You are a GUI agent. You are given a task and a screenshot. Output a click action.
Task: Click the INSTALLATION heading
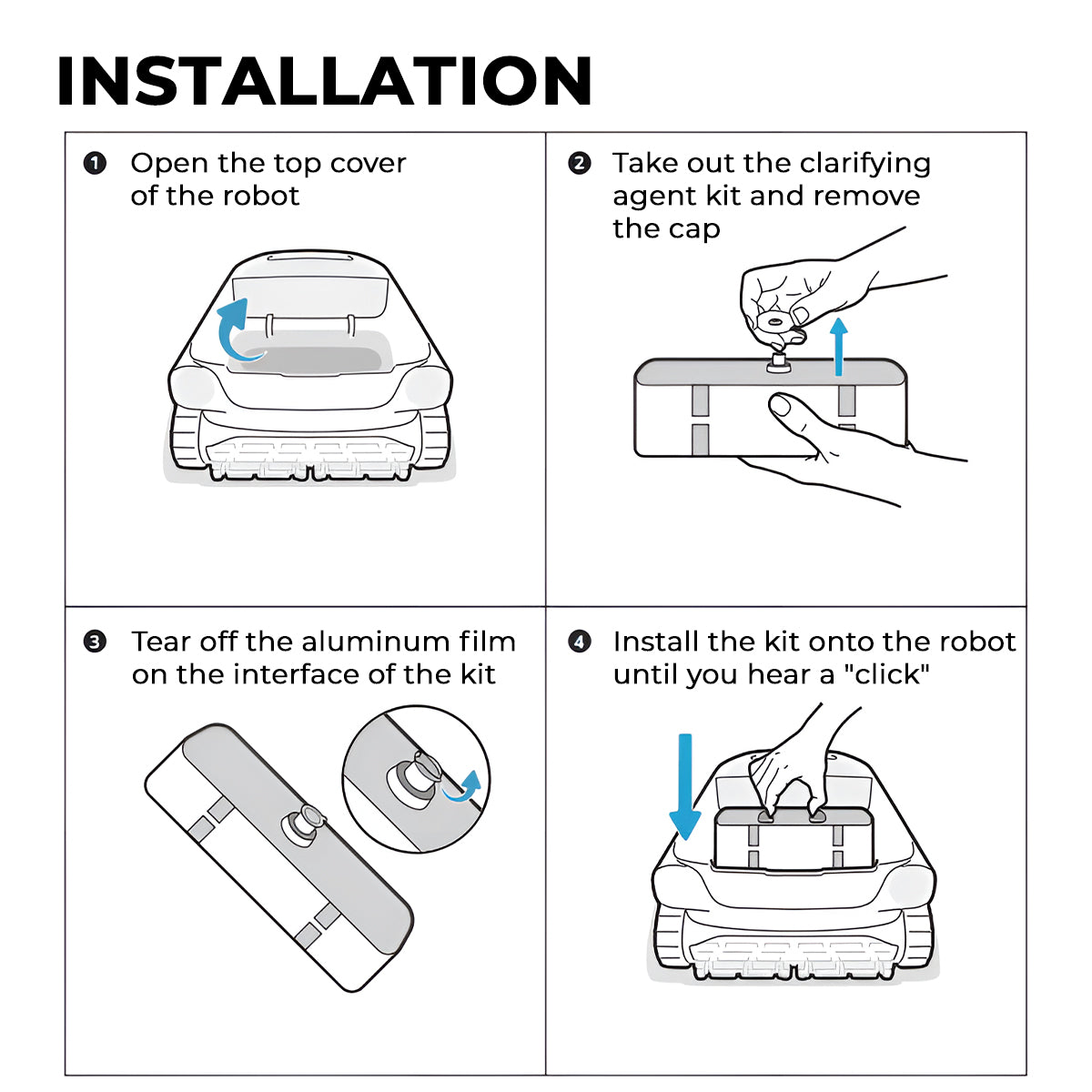[x=324, y=80]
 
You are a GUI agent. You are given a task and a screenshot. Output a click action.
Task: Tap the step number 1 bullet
[x=95, y=164]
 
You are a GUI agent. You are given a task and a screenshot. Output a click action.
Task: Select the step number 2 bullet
[x=579, y=164]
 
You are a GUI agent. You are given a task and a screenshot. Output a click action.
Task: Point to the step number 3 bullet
[x=95, y=642]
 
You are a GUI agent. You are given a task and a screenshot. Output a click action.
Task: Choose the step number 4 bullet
[x=579, y=642]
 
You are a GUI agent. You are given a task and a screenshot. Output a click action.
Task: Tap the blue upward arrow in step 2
[x=839, y=346]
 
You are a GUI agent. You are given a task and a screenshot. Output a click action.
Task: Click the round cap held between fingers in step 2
[x=774, y=322]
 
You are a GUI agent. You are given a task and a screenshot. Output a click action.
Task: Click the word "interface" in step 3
[x=268, y=675]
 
